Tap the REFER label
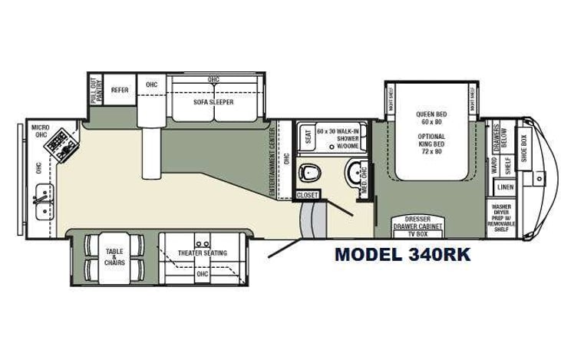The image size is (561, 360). pyautogui.click(x=120, y=90)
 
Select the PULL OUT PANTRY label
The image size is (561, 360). pyautogui.click(x=95, y=91)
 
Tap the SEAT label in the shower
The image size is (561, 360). pyautogui.click(x=309, y=137)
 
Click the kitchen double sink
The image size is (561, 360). pyautogui.click(x=42, y=202)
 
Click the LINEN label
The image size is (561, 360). pyautogui.click(x=505, y=187)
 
